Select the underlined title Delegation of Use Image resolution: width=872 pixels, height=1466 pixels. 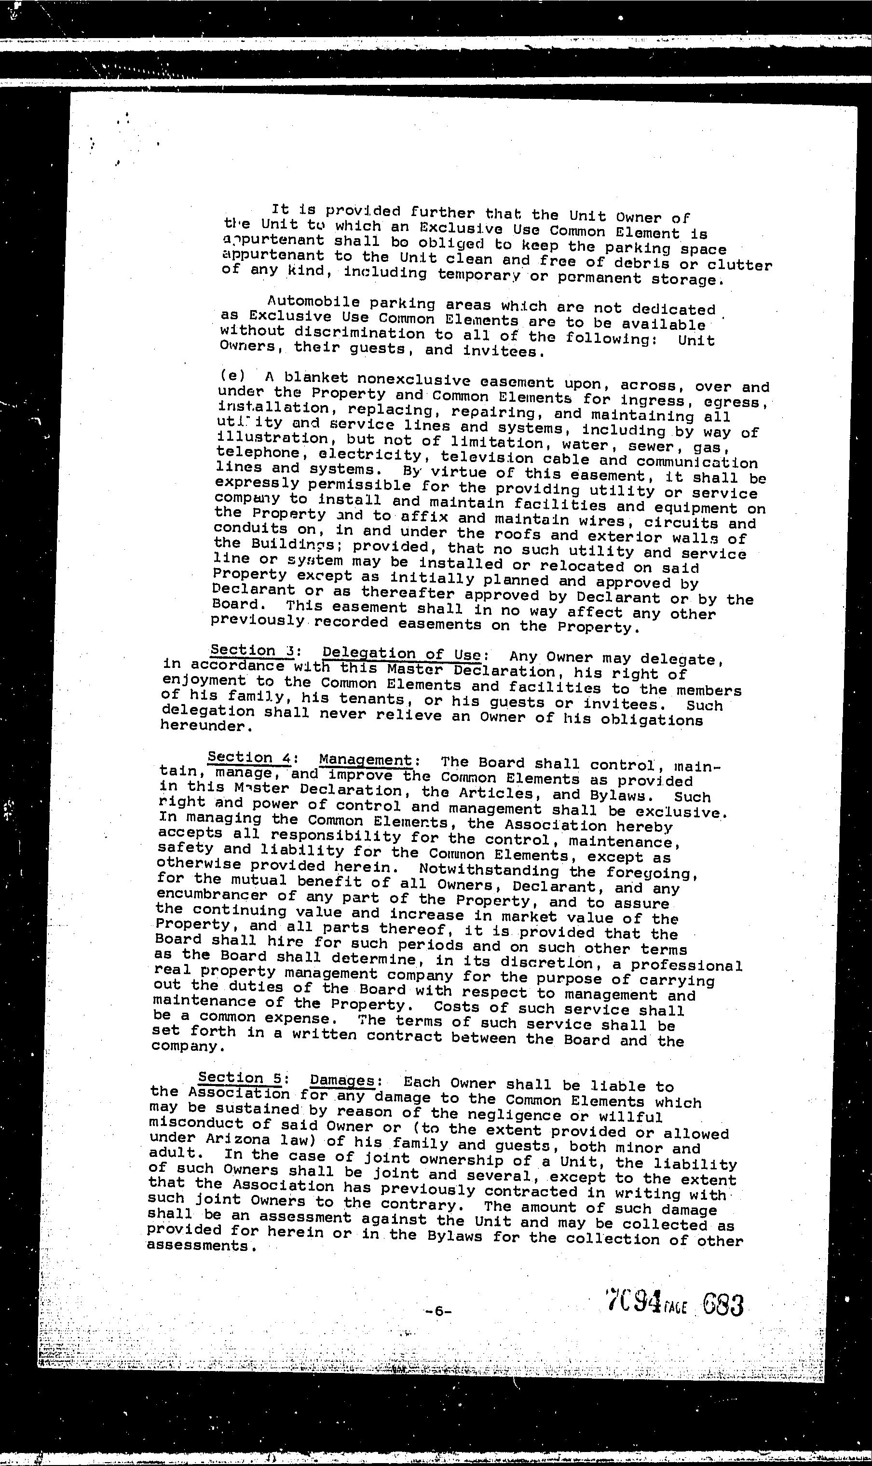[x=402, y=654]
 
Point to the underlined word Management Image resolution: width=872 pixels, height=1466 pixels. [x=366, y=760]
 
